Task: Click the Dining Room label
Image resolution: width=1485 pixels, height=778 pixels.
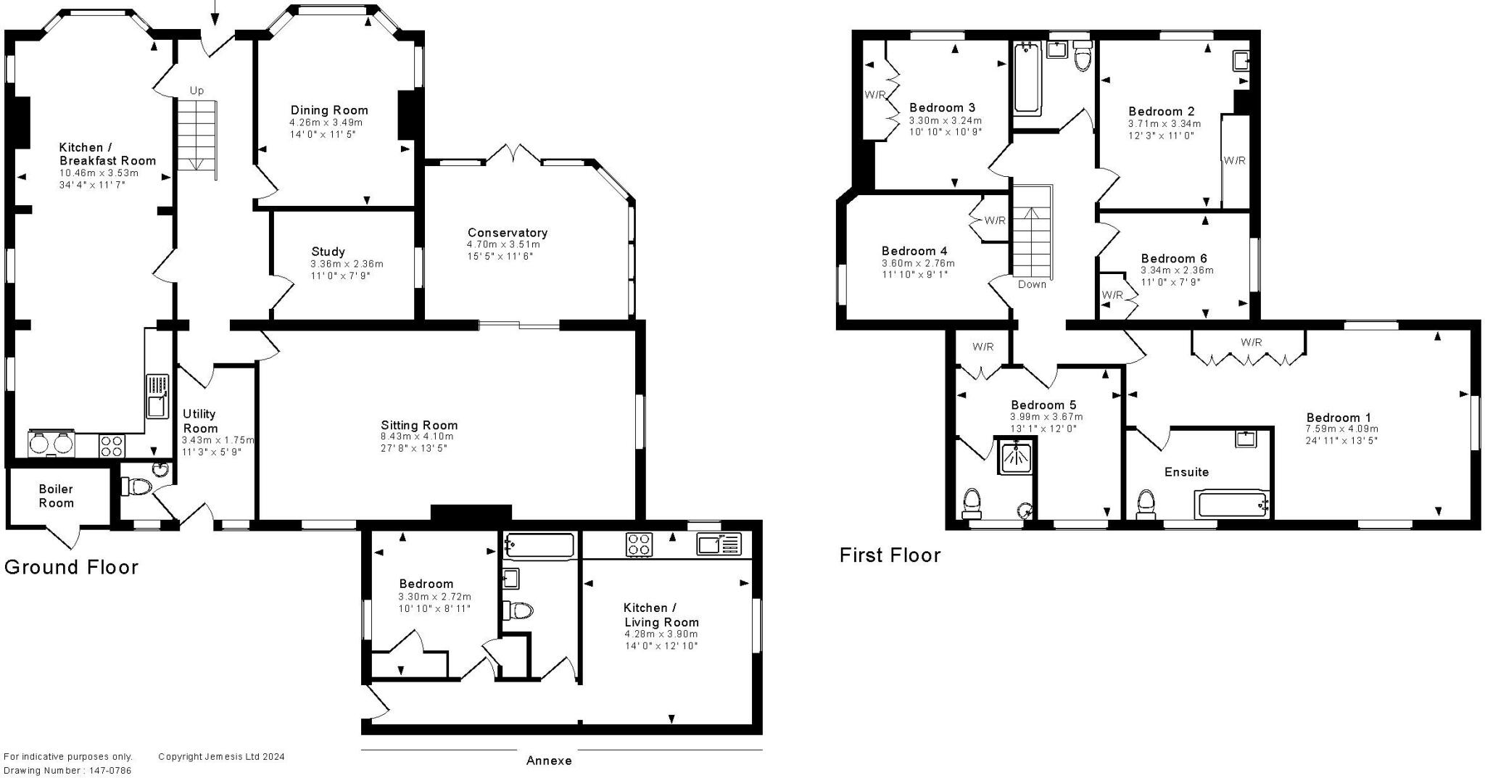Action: pyautogui.click(x=329, y=110)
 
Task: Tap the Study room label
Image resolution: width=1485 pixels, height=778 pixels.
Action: pyautogui.click(x=328, y=252)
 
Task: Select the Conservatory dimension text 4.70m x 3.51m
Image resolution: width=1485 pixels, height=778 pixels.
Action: pyautogui.click(x=503, y=244)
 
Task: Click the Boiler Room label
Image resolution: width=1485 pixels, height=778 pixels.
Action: pyautogui.click(x=56, y=496)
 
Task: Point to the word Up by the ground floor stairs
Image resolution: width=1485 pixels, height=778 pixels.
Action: pyautogui.click(x=197, y=91)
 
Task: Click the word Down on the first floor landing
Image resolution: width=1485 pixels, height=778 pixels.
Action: pyautogui.click(x=1032, y=284)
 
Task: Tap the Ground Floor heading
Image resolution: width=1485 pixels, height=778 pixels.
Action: pyautogui.click(x=71, y=567)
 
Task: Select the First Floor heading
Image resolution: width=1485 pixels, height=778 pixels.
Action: pyautogui.click(x=890, y=555)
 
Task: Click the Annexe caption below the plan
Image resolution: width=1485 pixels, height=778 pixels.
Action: pyautogui.click(x=549, y=761)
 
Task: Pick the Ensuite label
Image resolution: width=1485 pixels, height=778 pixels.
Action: pyautogui.click(x=1186, y=472)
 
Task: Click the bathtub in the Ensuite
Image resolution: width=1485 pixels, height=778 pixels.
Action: pyautogui.click(x=1233, y=505)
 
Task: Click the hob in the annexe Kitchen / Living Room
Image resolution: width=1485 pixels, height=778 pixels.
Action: pyautogui.click(x=639, y=545)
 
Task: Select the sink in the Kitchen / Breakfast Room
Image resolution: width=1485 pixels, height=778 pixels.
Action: pyautogui.click(x=157, y=397)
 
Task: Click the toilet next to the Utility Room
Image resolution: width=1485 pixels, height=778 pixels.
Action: pyautogui.click(x=136, y=486)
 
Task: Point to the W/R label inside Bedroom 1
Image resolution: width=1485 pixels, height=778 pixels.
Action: pyautogui.click(x=1251, y=342)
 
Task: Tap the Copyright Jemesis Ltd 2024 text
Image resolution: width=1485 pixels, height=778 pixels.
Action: pyautogui.click(x=221, y=756)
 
